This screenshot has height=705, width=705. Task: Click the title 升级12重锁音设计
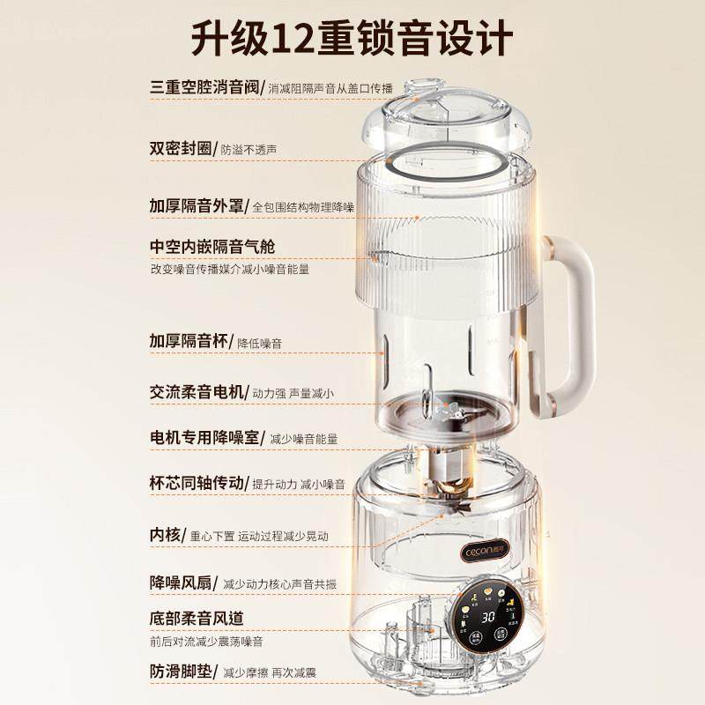click(352, 40)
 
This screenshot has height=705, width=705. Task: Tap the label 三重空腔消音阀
click(206, 86)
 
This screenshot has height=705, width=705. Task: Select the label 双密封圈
click(181, 149)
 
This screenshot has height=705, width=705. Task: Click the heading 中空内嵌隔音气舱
click(218, 246)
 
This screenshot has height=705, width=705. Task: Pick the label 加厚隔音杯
click(193, 341)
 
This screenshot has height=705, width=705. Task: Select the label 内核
click(166, 535)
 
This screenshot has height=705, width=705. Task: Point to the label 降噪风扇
click(181, 583)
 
